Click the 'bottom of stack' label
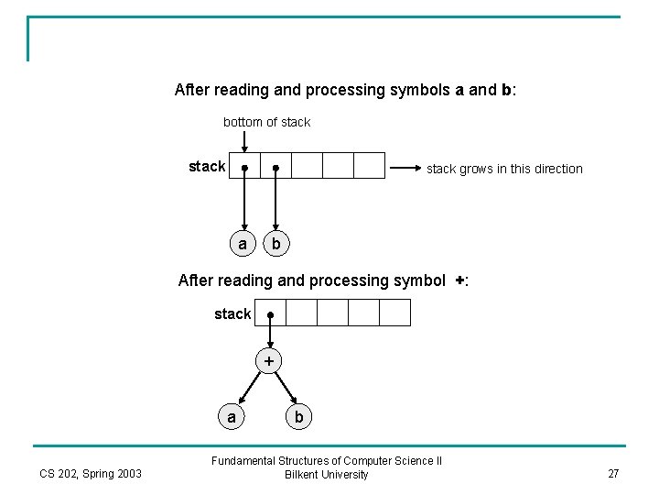pos(266,122)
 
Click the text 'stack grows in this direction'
pos(504,169)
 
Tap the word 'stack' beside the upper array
pos(207,166)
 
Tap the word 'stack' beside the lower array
pos(232,313)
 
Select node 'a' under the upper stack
pos(243,244)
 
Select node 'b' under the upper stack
pos(276,244)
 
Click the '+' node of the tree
pos(269,361)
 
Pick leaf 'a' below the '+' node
pos(232,417)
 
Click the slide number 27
pos(613,474)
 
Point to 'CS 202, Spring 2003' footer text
pos(91,474)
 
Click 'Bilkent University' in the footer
pos(327,475)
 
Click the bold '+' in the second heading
pos(459,280)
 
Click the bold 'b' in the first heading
pos(506,90)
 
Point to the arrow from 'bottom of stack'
pos(244,141)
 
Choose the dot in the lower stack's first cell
pos(270,314)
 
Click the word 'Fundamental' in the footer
pos(243,461)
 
